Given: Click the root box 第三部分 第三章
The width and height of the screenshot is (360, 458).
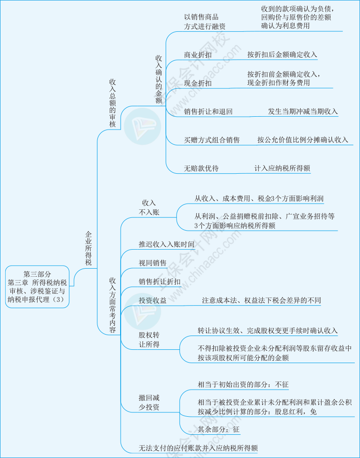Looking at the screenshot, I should pyautogui.click(x=38, y=287).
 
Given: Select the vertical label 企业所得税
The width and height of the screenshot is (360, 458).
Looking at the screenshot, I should pyautogui.click(x=88, y=248).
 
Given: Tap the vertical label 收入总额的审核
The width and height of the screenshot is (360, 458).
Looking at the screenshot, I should pyautogui.click(x=113, y=103).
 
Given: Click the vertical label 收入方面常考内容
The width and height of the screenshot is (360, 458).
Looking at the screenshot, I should pyautogui.click(x=113, y=305).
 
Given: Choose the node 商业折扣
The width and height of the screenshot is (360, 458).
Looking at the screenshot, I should pyautogui.click(x=198, y=55).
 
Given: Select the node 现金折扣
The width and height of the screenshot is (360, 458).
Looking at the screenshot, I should pyautogui.click(x=198, y=84).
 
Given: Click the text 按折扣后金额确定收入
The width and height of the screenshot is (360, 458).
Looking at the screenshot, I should pyautogui.click(x=282, y=55).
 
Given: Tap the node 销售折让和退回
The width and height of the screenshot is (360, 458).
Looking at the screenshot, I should pyautogui.click(x=208, y=112).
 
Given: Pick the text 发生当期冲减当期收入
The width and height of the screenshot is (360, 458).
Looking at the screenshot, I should pyautogui.click(x=303, y=112).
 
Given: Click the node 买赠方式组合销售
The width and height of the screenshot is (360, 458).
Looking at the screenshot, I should pyautogui.click(x=212, y=140).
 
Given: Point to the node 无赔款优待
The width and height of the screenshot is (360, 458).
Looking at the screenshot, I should pyautogui.click(x=201, y=168).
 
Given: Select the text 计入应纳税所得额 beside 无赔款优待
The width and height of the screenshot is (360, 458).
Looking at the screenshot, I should pyautogui.click(x=282, y=168).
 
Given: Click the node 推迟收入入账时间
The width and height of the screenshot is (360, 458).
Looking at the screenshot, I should pyautogui.click(x=166, y=245).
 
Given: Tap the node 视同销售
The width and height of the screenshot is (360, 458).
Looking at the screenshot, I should pyautogui.click(x=152, y=263).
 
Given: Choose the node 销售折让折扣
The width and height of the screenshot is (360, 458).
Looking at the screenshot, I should pyautogui.click(x=160, y=282).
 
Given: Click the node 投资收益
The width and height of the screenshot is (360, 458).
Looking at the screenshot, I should pyautogui.click(x=152, y=301).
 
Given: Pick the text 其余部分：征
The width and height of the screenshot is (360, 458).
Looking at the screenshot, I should pyautogui.click(x=218, y=430).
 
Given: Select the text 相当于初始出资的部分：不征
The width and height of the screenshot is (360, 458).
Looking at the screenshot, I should pyautogui.click(x=243, y=384).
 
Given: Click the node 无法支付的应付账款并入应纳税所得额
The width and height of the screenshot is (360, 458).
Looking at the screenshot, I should pyautogui.click(x=198, y=448).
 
